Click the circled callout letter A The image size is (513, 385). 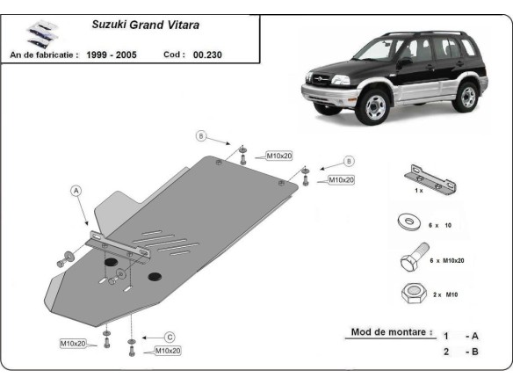(76, 190)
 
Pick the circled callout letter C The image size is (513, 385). (170, 337)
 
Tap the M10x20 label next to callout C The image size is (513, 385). (167, 351)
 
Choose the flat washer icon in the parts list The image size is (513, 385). (409, 224)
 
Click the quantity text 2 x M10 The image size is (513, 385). (445, 296)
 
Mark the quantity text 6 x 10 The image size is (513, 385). (441, 226)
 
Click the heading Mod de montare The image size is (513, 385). (391, 332)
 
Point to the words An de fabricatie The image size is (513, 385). (44, 54)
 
